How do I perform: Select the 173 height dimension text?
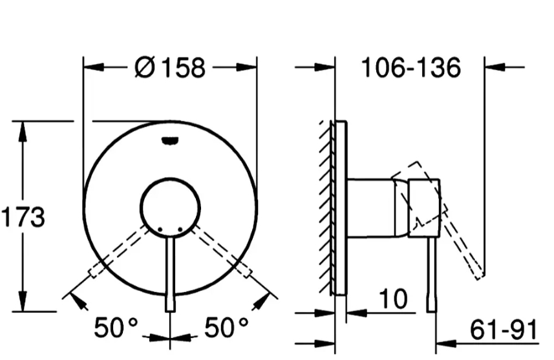click(23, 217)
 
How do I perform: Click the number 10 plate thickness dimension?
click(393, 299)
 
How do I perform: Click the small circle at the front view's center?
click(170, 207)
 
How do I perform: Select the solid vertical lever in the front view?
click(170, 271)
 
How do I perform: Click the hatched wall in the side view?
click(326, 207)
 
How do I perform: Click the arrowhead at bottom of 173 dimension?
click(23, 302)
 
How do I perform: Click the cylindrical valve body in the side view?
click(372, 208)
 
